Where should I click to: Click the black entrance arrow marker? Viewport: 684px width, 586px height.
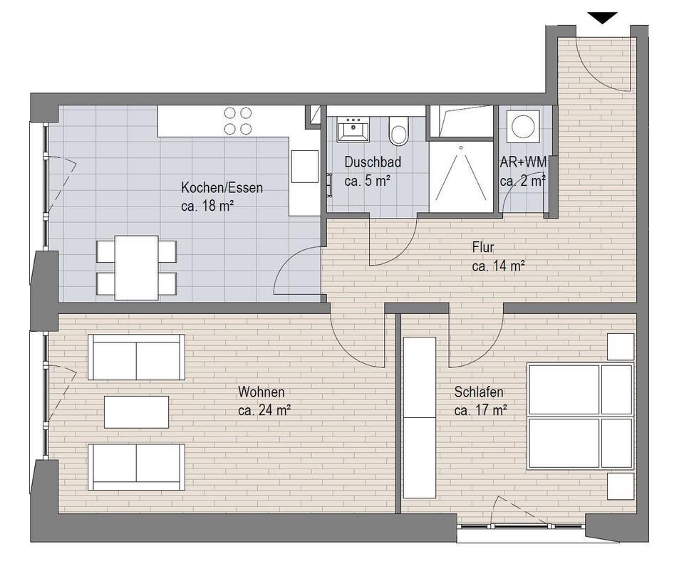603,18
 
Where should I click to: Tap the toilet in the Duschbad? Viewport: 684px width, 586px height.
398,130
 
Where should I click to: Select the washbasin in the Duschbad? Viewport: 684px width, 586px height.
353,129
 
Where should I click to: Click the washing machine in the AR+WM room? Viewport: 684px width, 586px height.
523,125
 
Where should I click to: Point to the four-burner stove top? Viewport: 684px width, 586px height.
238,121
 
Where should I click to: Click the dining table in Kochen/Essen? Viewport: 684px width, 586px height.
137,268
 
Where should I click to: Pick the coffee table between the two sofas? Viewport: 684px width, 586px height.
137,412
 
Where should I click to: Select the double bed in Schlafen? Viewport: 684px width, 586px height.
581,417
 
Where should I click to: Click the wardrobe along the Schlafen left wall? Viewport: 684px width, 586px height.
420,417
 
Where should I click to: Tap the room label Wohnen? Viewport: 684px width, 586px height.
261,392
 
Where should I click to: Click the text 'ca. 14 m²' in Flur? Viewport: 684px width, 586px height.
498,266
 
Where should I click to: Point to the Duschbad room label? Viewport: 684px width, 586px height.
373,162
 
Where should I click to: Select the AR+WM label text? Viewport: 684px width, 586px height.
523,162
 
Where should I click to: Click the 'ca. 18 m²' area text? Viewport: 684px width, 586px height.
208,206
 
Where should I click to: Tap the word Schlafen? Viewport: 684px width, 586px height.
479,392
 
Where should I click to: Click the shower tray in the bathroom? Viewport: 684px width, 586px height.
461,176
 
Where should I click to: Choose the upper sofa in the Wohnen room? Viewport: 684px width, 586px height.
137,357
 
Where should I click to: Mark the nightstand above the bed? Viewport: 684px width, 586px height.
621,347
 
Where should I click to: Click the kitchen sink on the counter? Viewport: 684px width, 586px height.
305,166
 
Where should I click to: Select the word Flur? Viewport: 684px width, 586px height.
483,248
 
